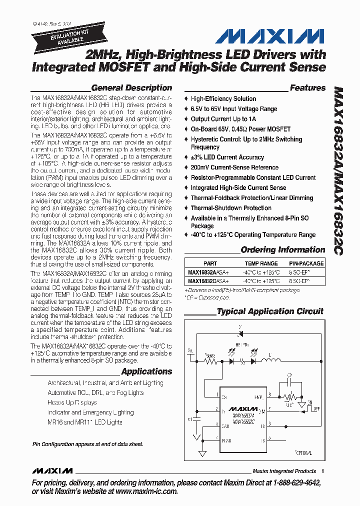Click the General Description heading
(131, 88)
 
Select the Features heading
(307, 88)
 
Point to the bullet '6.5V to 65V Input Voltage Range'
(233, 109)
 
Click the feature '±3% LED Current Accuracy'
(227, 157)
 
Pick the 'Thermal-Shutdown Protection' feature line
(231, 208)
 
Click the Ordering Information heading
(282, 250)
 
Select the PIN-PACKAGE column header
(306, 263)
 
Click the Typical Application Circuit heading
(270, 311)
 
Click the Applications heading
(146, 371)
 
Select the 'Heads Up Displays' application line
(72, 402)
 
